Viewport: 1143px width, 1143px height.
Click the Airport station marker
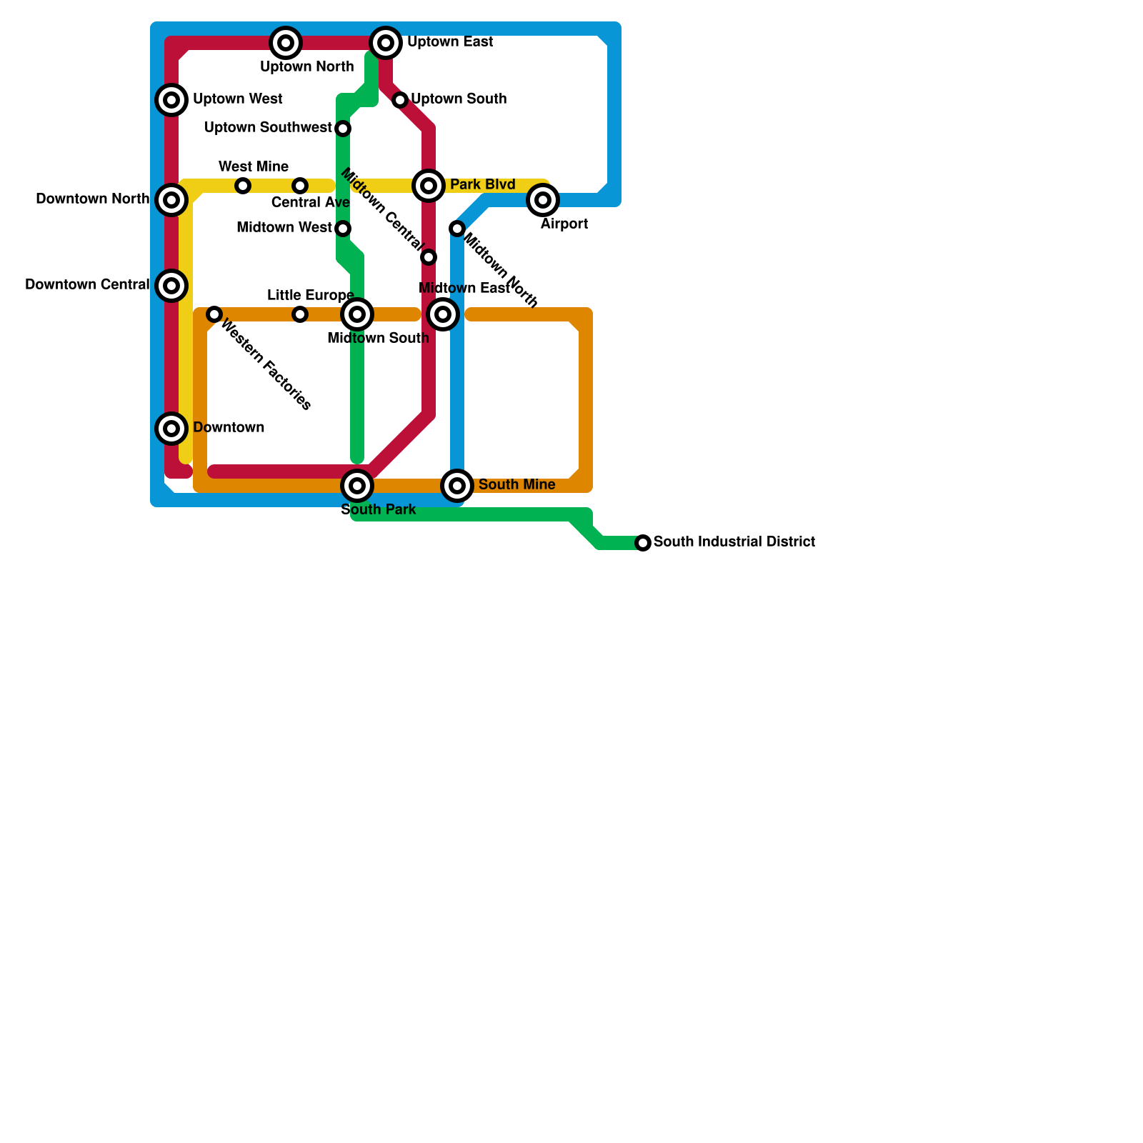pyautogui.click(x=543, y=200)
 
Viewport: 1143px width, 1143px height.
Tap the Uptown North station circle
pyautogui.click(x=286, y=43)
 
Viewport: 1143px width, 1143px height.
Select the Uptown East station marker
pyautogui.click(x=386, y=43)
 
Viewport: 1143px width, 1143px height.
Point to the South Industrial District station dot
pyautogui.click(x=643, y=543)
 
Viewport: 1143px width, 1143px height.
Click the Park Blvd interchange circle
pyautogui.click(x=429, y=186)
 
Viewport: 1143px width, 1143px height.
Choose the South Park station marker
pyautogui.click(x=357, y=486)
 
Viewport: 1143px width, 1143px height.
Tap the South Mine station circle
pyautogui.click(x=457, y=486)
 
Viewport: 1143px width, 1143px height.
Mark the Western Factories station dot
pyautogui.click(x=214, y=314)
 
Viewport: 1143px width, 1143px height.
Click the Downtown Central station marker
pyautogui.click(x=171, y=286)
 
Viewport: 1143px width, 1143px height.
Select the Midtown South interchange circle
pyautogui.click(x=357, y=314)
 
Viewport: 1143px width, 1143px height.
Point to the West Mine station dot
pyautogui.click(x=243, y=186)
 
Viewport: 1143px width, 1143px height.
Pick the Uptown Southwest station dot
pyautogui.click(x=343, y=129)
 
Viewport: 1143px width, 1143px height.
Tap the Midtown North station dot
pyautogui.click(x=457, y=229)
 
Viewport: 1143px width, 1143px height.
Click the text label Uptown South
pyautogui.click(x=459, y=99)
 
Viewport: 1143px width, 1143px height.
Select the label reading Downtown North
pyautogui.click(x=93, y=199)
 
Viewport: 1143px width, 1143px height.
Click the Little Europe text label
pyautogui.click(x=311, y=295)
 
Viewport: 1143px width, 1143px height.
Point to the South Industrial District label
pyautogui.click(x=734, y=541)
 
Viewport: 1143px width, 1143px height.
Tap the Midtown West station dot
pyautogui.click(x=343, y=229)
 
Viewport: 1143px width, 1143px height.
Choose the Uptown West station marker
pyautogui.click(x=171, y=100)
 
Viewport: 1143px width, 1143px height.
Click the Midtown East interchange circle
pyautogui.click(x=443, y=314)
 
